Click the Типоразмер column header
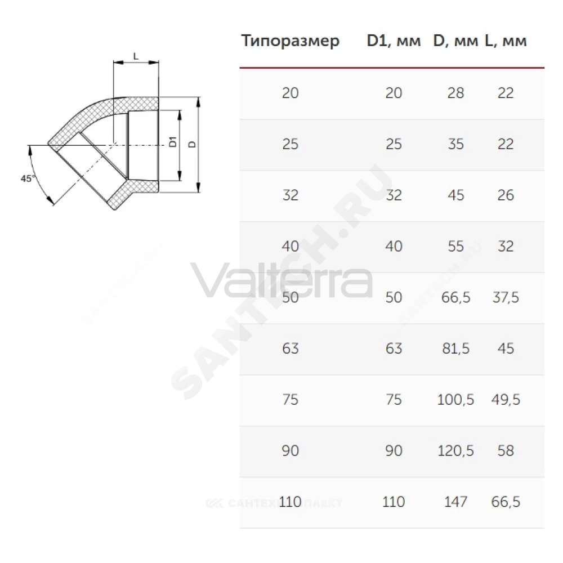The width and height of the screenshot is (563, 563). (x=290, y=41)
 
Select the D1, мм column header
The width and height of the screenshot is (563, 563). (x=394, y=41)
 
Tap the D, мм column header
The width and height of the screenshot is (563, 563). (x=455, y=41)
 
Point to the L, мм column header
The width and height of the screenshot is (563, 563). (x=506, y=41)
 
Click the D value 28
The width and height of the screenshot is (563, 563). (x=455, y=93)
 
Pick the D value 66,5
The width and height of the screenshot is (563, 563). (x=455, y=297)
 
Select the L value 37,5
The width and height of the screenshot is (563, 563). (x=506, y=297)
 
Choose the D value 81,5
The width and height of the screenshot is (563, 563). (x=455, y=348)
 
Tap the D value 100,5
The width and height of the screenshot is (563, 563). (x=455, y=400)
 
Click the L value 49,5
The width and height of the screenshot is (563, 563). (x=506, y=400)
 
